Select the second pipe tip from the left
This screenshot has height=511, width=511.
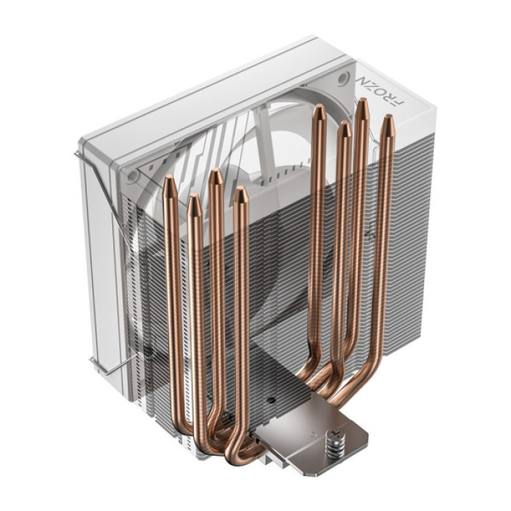tap(193, 202)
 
